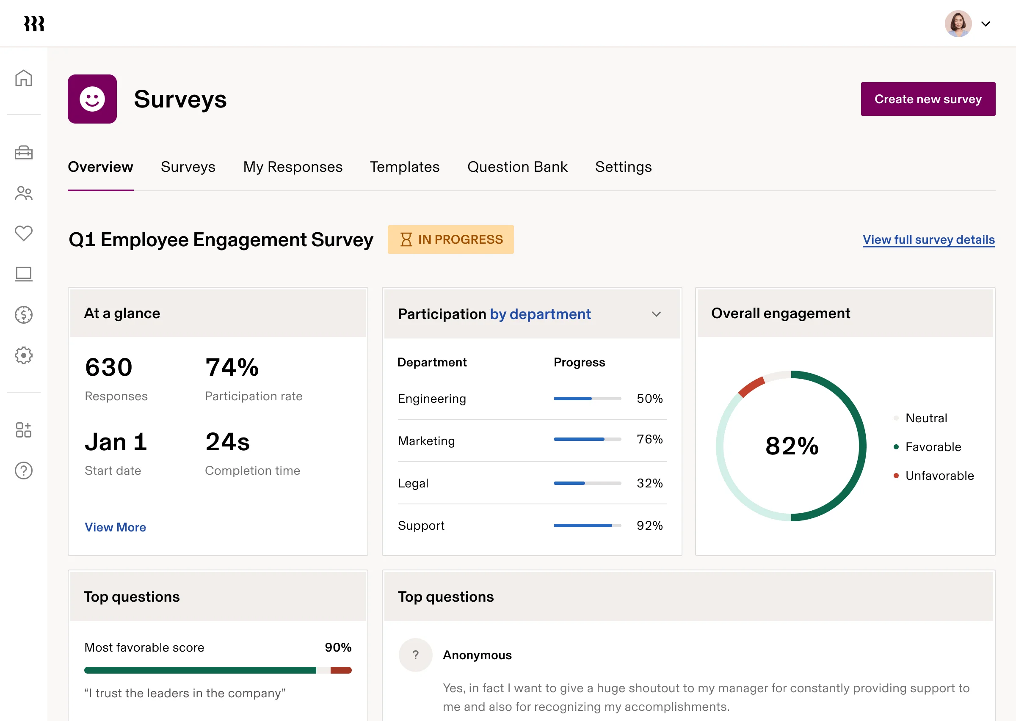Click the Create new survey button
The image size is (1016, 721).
(928, 99)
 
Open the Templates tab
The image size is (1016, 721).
(405, 167)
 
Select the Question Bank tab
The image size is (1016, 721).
(517, 167)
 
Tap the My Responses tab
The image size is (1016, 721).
(293, 167)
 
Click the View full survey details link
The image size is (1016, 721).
(928, 240)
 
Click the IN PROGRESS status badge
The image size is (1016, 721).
(450, 240)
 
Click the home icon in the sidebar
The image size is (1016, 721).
(24, 78)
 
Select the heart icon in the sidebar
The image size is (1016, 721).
(24, 233)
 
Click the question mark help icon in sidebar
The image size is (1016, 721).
(24, 471)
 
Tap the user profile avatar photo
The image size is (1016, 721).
(958, 24)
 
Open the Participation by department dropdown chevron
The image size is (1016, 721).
(656, 314)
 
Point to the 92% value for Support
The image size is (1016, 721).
(649, 526)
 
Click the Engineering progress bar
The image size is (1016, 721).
(587, 399)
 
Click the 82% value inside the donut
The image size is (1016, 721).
(792, 446)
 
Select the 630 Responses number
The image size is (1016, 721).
(109, 368)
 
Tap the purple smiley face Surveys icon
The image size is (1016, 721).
(92, 99)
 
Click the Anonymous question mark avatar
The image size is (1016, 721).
(415, 655)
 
